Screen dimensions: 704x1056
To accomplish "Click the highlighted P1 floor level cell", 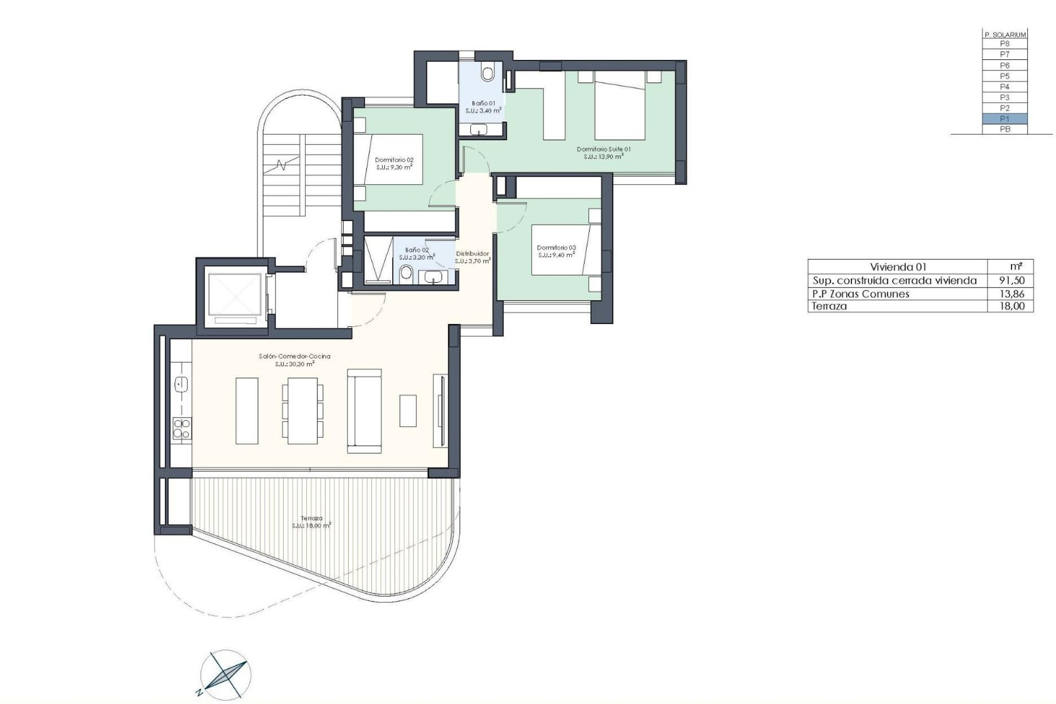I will (x=1004, y=119).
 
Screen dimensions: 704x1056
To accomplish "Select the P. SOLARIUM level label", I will (x=1004, y=35).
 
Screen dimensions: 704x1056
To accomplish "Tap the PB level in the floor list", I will (x=1004, y=129).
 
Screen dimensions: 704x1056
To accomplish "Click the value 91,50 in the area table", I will (x=1012, y=280).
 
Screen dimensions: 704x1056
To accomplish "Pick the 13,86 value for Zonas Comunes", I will (x=1012, y=294).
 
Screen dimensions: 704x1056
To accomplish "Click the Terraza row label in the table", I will (x=829, y=306).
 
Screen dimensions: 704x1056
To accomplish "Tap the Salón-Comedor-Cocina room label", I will (x=294, y=356).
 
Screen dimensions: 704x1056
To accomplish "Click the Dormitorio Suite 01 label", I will (x=603, y=149).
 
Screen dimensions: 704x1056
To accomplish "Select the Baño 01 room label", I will (x=483, y=103).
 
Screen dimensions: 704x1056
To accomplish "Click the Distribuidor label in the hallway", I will (x=472, y=254).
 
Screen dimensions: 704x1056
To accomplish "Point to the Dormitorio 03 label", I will (x=556, y=248).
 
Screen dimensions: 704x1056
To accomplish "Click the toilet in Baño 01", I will (x=488, y=73).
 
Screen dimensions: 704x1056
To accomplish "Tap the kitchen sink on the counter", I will (x=181, y=384).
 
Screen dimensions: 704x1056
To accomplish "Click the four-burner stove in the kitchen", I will (x=182, y=428).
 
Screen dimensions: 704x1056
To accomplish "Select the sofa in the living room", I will (x=364, y=411).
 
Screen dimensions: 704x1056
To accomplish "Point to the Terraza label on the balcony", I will (x=311, y=518).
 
